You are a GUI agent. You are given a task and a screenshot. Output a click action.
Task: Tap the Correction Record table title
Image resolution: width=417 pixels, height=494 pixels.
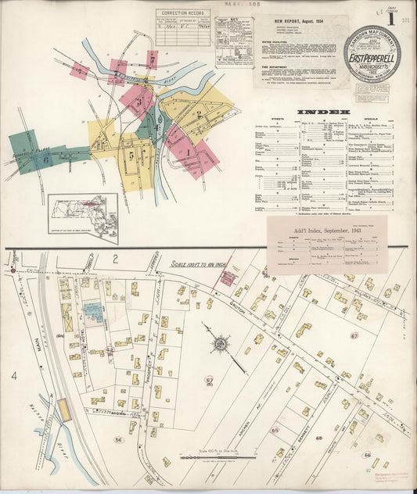pos(182,13)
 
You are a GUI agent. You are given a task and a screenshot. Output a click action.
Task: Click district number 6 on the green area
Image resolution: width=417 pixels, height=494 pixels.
pos(45,159)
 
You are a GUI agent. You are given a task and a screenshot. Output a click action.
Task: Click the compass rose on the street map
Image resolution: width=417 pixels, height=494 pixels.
pos(220,343)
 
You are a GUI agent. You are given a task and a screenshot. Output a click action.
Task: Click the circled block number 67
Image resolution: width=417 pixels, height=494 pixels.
pos(354,335)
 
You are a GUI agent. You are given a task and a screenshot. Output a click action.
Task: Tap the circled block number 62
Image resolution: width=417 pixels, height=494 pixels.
pos(109,351)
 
